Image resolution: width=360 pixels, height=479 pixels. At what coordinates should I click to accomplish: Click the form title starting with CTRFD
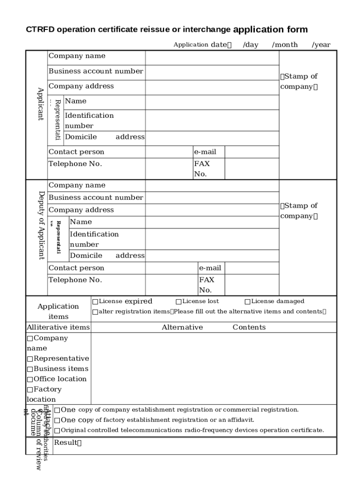click(166, 30)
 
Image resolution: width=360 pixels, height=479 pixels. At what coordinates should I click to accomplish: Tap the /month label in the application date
click(285, 45)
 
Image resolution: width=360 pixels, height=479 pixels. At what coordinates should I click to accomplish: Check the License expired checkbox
click(95, 302)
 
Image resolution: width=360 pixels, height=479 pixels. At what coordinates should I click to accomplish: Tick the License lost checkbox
click(179, 302)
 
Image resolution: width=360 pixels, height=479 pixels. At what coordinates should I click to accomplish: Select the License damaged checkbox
click(248, 302)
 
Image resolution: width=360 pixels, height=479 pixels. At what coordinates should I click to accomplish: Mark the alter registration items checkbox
click(95, 312)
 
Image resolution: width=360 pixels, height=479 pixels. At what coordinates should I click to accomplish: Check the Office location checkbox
click(30, 379)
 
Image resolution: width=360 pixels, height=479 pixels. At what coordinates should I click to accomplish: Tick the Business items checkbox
click(30, 369)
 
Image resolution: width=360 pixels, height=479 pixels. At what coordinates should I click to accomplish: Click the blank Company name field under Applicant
click(212, 58)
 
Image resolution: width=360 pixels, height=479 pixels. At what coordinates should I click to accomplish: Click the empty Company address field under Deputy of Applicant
click(212, 210)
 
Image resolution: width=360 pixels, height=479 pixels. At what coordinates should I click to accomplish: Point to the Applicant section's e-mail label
click(205, 152)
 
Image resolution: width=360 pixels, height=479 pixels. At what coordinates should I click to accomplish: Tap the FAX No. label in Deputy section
click(207, 284)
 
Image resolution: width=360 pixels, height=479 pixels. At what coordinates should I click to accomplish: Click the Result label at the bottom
click(68, 443)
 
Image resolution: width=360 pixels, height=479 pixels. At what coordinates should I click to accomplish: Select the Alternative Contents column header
click(213, 327)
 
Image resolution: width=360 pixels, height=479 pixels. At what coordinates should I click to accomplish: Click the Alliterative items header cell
click(58, 327)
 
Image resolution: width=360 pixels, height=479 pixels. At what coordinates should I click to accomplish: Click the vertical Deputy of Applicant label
click(41, 225)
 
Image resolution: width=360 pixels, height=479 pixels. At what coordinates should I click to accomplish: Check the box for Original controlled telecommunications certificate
click(57, 431)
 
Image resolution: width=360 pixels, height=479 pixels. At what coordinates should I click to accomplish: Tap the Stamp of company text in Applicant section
click(299, 81)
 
